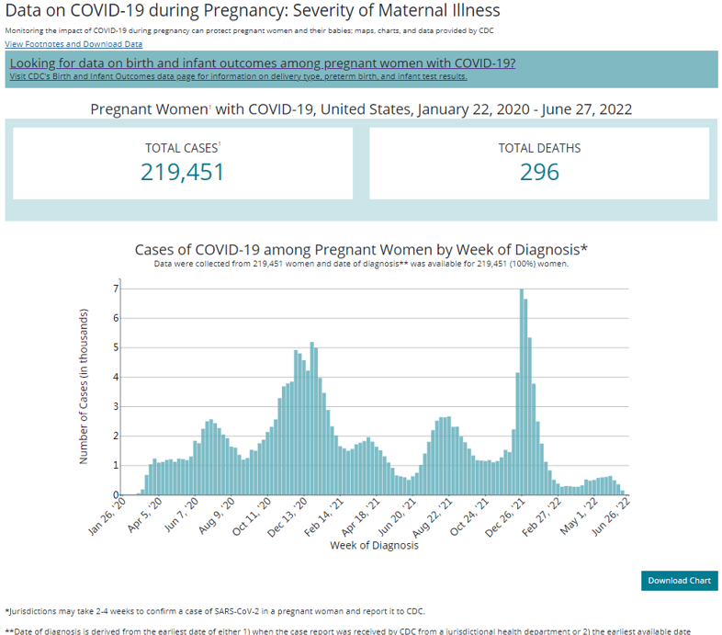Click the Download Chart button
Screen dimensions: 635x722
tap(679, 580)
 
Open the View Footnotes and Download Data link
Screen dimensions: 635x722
tap(73, 44)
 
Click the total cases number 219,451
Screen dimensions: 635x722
tap(182, 171)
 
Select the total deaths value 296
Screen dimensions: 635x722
tap(539, 171)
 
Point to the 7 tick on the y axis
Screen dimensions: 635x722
tap(115, 289)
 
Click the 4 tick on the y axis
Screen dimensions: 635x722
tap(115, 377)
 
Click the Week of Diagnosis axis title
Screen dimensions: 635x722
tap(374, 545)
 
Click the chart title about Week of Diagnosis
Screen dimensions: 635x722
tap(361, 249)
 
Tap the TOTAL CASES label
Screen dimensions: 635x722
tap(182, 147)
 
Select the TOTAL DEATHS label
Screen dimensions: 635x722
tap(539, 147)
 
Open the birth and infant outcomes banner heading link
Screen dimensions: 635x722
tap(262, 62)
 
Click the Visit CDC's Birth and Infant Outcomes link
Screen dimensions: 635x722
tap(238, 76)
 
